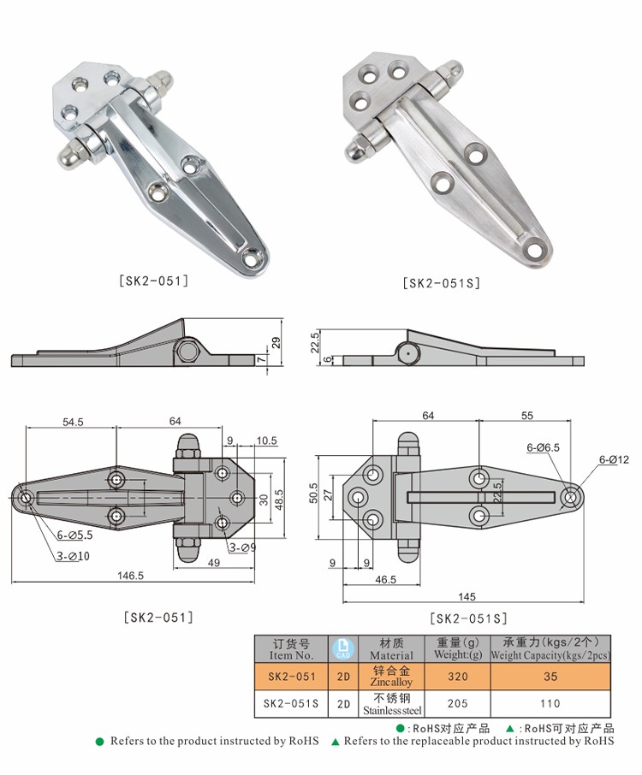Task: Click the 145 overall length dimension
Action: click(467, 596)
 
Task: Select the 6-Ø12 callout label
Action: click(614, 459)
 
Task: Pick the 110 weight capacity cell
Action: click(550, 704)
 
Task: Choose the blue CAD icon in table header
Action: click(342, 648)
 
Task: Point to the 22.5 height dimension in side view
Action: click(315, 342)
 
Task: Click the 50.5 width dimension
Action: click(313, 494)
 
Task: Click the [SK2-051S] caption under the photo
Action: click(441, 283)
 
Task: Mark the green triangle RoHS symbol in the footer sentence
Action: click(336, 742)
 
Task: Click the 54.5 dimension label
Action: click(72, 420)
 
